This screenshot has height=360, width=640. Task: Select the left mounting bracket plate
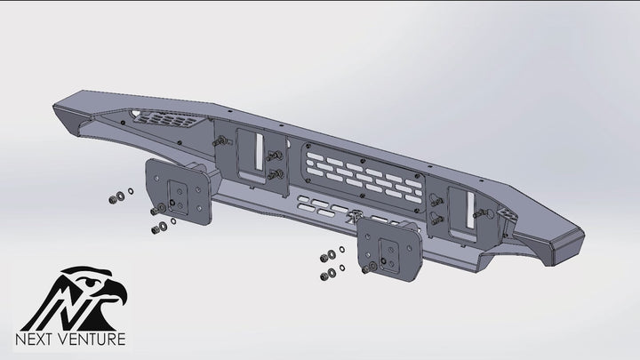click(180, 192)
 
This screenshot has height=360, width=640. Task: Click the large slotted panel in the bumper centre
click(364, 178)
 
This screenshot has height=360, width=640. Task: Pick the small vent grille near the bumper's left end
click(166, 119)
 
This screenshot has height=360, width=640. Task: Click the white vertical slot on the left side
click(260, 151)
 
